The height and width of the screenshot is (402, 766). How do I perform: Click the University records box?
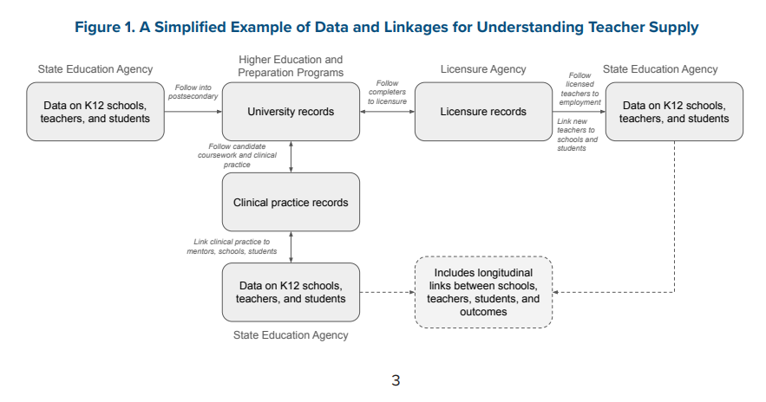coord(291,112)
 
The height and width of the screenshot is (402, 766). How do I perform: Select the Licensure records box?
coord(483,112)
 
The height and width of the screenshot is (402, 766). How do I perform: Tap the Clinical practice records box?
coord(291,203)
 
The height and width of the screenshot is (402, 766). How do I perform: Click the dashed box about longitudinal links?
coord(483,292)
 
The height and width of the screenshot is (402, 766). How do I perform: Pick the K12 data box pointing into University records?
coord(95,112)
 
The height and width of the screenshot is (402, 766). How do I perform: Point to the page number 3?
coord(396,379)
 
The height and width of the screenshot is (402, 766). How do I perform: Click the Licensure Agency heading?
coord(483,69)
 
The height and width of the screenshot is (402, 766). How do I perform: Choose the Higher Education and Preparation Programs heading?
coord(291,66)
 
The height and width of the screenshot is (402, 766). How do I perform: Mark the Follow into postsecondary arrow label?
coord(193,92)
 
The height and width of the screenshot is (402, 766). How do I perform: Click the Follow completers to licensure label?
coord(387,93)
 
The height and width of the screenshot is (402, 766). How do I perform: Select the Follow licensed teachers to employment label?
coord(579,89)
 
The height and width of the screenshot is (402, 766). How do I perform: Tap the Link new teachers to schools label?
coord(577,134)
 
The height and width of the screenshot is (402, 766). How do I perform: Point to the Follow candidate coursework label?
coord(237,155)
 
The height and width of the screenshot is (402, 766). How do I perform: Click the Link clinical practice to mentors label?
coord(232,246)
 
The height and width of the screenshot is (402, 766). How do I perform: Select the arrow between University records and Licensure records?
coord(387,112)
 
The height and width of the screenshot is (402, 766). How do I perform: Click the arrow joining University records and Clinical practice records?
coord(291,156)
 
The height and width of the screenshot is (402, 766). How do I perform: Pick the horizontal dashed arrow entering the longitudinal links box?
coord(387,292)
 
